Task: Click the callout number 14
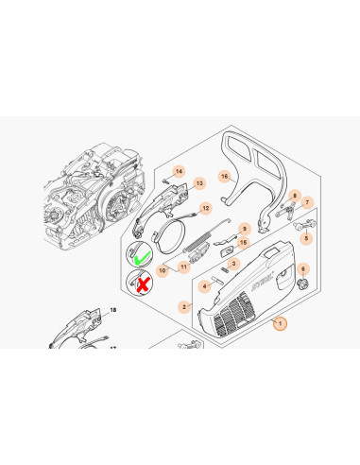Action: pos(179,171)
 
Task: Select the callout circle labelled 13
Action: pos(199,183)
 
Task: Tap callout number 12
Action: pos(206,208)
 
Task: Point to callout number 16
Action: pos(224,177)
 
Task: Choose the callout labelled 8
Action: pos(295,196)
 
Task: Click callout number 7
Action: pos(307,202)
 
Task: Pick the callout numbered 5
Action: pos(306,238)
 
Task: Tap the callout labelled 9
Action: pos(245,229)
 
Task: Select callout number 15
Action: pos(243,243)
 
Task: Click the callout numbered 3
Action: pos(233,264)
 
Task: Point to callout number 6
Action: pos(303,268)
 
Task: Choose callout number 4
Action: pos(205,286)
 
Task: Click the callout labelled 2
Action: pos(184,306)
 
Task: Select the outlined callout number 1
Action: pos(280,323)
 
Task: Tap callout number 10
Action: pos(163,270)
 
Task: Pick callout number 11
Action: pos(183,267)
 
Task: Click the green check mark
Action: pos(142,257)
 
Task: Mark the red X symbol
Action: pos(143,285)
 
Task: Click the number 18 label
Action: pos(113,310)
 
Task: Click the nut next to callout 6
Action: pos(303,284)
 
